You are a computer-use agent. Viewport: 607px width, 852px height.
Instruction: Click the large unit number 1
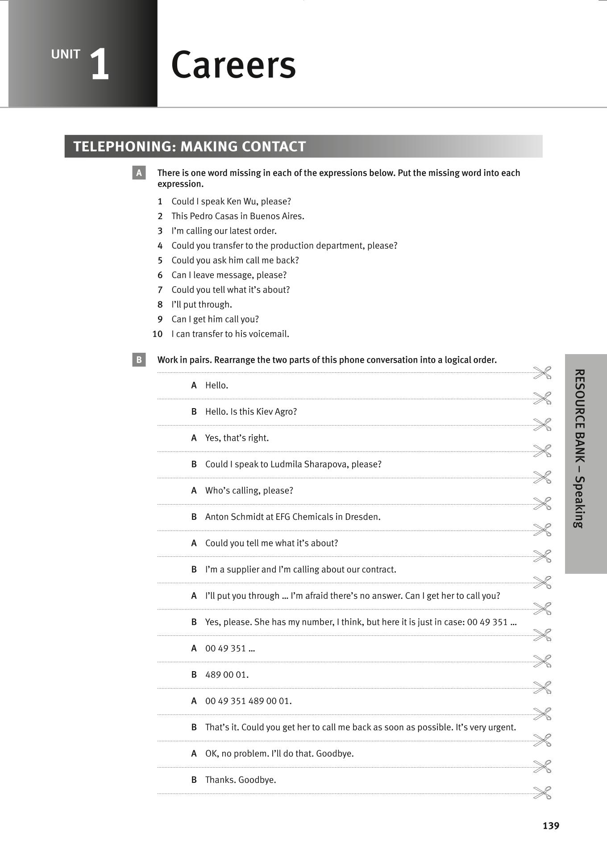click(100, 65)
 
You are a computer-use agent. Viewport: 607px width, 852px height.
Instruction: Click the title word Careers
click(233, 65)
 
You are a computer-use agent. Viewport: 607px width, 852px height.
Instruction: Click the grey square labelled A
click(139, 173)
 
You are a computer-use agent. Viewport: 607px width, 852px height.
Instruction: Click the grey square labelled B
click(139, 359)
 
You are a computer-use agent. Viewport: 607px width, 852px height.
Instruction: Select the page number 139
click(551, 826)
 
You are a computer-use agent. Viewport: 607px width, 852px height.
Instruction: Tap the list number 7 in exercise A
click(160, 290)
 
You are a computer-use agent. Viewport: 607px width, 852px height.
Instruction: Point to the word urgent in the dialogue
click(502, 727)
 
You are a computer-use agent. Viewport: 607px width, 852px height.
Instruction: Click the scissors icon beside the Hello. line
click(542, 372)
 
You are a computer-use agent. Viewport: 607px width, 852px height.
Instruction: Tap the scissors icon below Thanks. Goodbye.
click(542, 793)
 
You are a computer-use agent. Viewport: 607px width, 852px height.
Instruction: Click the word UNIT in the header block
click(66, 54)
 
